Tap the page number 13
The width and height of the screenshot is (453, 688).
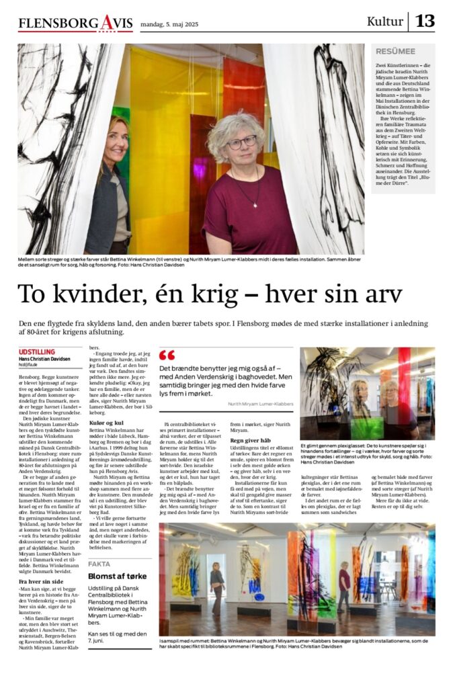coord(425,21)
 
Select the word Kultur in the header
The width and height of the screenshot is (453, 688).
coord(385,21)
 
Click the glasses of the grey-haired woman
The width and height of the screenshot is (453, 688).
coord(242,142)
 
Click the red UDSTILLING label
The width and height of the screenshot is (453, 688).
coord(37,351)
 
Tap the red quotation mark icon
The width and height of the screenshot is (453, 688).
coord(167,355)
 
